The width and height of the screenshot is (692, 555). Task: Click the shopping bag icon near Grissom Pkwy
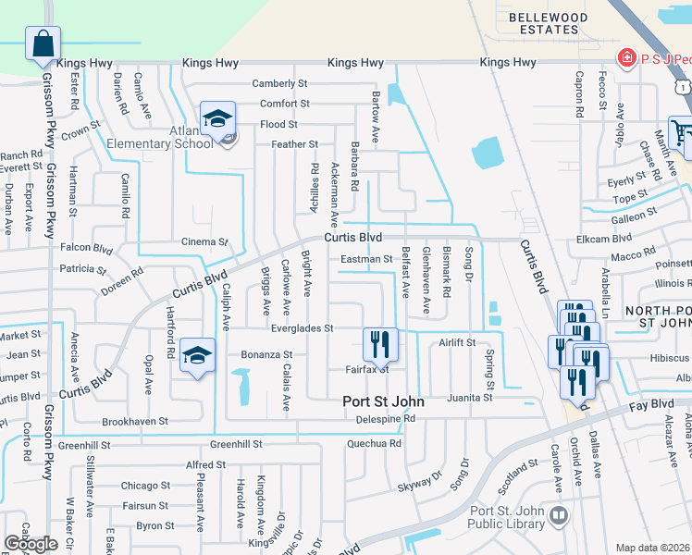[x=43, y=43]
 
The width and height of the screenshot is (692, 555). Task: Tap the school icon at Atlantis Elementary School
[x=218, y=120]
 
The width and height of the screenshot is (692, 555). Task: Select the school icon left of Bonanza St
[x=197, y=355]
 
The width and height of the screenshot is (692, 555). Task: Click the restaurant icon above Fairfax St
[x=380, y=345]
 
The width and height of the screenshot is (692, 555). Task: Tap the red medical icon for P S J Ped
[x=626, y=57]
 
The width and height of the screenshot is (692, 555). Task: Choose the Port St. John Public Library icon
[x=557, y=514]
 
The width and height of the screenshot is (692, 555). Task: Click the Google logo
[x=31, y=544]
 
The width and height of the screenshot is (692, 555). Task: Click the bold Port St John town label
[x=383, y=401]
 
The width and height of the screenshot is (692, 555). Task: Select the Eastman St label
[x=366, y=259]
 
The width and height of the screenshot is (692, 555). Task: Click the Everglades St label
[x=302, y=328]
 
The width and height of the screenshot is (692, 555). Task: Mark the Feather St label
[x=294, y=144]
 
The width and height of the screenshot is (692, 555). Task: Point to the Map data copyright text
[x=653, y=548]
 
